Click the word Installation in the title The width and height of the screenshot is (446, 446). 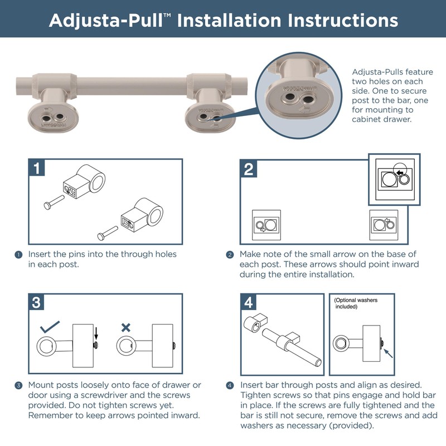(x=229, y=21)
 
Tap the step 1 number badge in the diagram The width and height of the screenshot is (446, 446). (x=37, y=168)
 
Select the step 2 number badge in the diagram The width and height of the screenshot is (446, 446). (x=249, y=169)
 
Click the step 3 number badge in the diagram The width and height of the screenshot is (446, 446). (x=36, y=302)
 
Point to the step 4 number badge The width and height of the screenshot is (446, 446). (x=248, y=302)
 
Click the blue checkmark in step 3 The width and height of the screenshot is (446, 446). (x=50, y=327)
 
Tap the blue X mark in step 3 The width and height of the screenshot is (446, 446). (x=126, y=328)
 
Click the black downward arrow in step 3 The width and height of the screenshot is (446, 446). (x=96, y=333)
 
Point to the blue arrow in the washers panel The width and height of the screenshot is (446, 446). (x=388, y=353)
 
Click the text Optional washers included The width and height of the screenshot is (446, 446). (x=356, y=303)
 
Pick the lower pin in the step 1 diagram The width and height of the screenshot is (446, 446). (x=108, y=233)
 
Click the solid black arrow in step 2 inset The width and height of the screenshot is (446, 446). (x=400, y=173)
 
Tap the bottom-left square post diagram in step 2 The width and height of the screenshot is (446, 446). (x=266, y=225)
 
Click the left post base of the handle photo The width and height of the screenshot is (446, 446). (x=53, y=118)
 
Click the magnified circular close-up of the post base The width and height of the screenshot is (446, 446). (x=299, y=95)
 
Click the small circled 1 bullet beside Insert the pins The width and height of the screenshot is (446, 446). (x=18, y=255)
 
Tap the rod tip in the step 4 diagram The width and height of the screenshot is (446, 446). (x=318, y=363)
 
